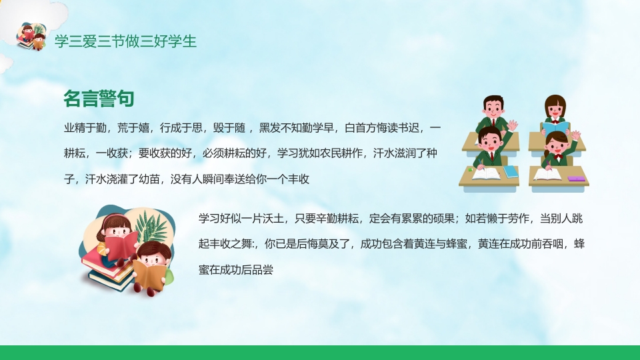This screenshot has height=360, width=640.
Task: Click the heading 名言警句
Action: (99, 99)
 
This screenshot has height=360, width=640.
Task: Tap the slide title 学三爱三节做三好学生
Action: (125, 41)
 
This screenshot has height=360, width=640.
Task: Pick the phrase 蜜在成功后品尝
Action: (236, 269)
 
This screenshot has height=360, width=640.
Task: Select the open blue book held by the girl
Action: (555, 127)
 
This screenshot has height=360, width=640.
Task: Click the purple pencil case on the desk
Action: (576, 178)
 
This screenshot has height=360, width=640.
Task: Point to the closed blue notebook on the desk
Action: (511, 171)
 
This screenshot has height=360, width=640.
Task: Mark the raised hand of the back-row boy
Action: (513, 125)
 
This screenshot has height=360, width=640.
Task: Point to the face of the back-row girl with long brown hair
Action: (555, 109)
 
